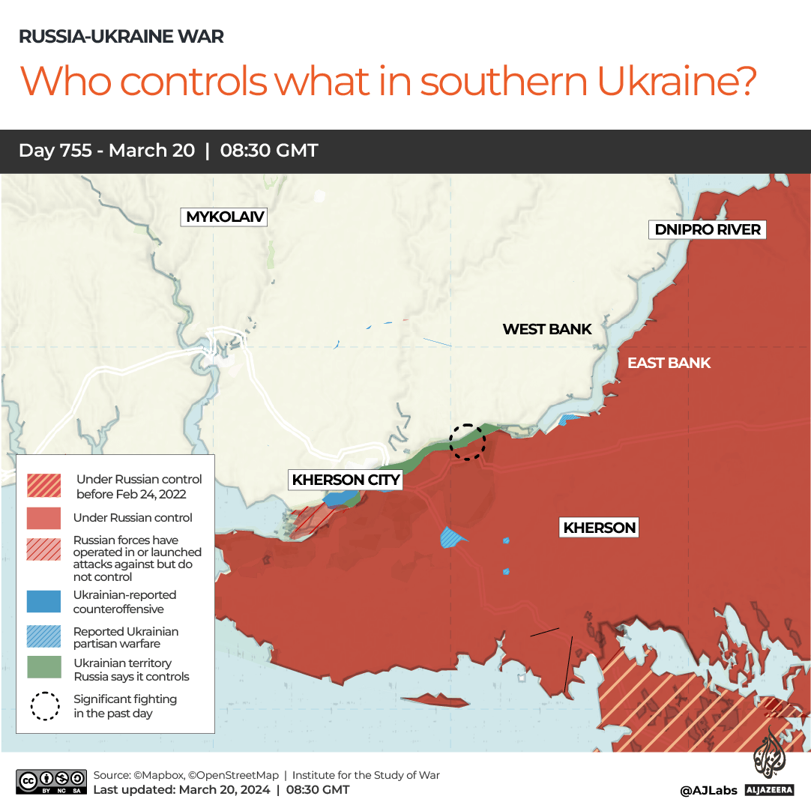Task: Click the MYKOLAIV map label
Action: (x=225, y=217)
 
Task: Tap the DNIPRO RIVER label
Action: (x=708, y=229)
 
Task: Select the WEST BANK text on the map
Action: (x=547, y=329)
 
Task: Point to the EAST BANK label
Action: (x=669, y=364)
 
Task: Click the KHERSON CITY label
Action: (x=346, y=480)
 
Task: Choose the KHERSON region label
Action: (x=600, y=528)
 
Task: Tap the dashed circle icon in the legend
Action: (x=45, y=706)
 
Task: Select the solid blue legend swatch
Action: (x=44, y=602)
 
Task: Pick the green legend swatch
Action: (x=44, y=669)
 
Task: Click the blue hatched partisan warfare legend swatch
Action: (x=44, y=636)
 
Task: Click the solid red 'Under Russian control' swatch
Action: (x=44, y=518)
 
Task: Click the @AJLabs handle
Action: (x=708, y=790)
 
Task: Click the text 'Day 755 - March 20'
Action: (x=106, y=151)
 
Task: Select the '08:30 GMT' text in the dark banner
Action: (x=269, y=151)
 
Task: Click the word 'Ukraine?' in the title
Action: (x=677, y=82)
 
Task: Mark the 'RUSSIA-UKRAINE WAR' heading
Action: (x=121, y=36)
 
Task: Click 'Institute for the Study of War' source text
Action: (x=366, y=775)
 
